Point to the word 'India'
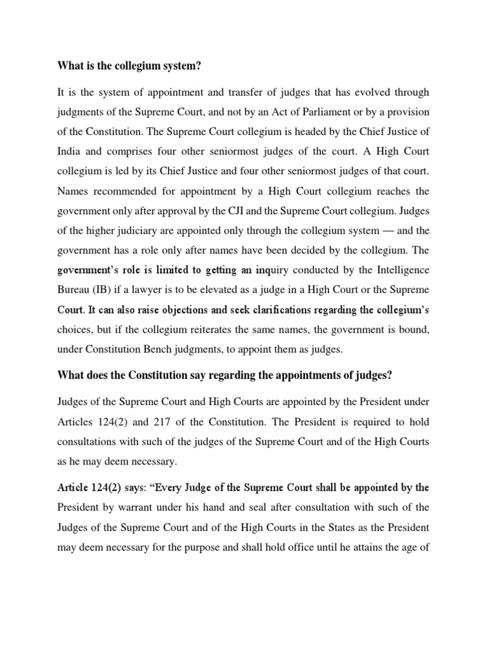(x=70, y=151)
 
